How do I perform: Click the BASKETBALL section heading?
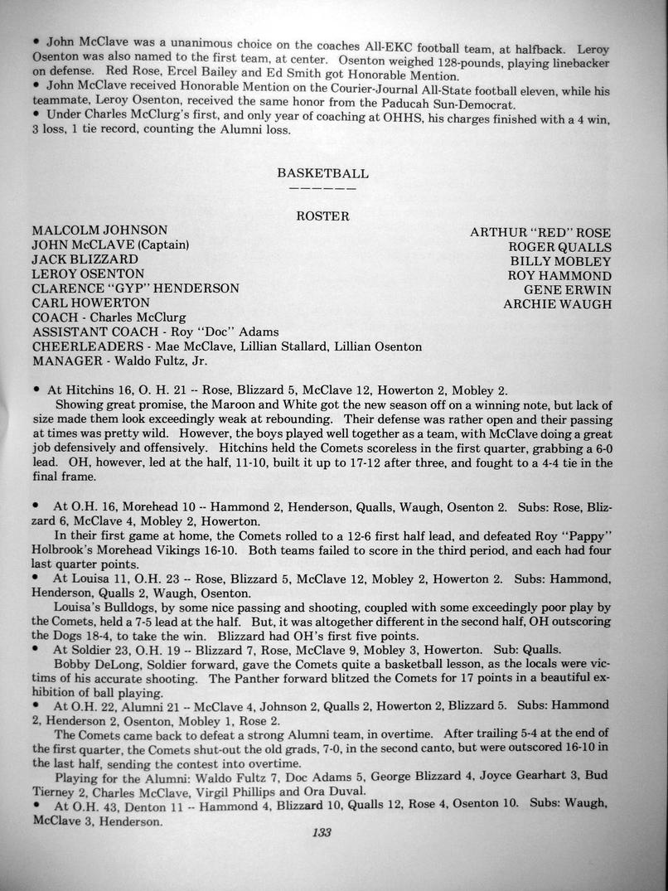[322, 174]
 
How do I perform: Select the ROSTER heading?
[322, 216]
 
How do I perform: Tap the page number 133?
[322, 833]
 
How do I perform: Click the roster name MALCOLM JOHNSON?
[99, 230]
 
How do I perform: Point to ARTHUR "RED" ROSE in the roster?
[540, 233]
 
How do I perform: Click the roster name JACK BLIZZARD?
[85, 259]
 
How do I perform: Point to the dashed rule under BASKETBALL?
[322, 188]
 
